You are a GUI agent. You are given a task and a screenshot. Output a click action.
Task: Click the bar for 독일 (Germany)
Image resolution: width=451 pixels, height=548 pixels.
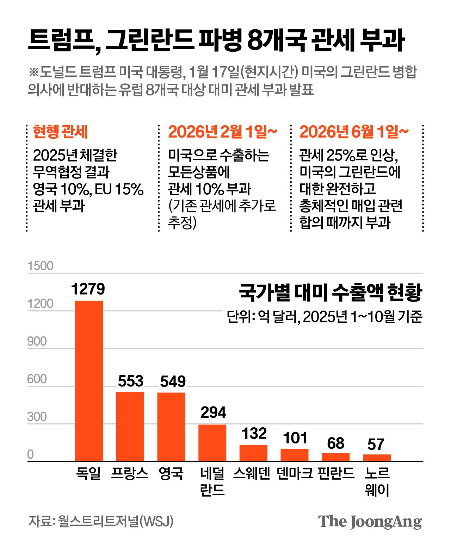[x=89, y=381]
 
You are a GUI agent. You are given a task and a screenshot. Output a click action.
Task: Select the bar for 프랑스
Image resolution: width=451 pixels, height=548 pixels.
[x=130, y=426]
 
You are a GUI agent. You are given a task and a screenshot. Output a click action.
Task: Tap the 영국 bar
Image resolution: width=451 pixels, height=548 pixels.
[x=171, y=427]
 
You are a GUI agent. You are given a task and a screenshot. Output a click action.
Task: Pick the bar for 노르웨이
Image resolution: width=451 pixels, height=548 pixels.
[x=377, y=458]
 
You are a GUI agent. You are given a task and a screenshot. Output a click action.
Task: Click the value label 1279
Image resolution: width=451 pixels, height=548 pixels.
[x=88, y=289]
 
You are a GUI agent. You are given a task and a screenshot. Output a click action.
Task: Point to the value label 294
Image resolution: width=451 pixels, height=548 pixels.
[x=213, y=412]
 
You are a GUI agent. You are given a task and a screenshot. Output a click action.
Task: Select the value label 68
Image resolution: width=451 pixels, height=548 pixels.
[x=335, y=443]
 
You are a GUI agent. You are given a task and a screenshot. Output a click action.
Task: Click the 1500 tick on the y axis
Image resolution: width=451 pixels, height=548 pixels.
[x=40, y=266]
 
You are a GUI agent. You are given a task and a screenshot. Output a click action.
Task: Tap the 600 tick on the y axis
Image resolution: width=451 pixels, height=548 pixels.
[x=37, y=379]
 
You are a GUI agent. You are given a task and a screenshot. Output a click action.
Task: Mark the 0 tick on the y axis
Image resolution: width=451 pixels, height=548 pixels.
[x=31, y=454]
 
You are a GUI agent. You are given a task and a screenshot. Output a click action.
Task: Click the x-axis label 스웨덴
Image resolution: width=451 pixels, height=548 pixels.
[x=252, y=473]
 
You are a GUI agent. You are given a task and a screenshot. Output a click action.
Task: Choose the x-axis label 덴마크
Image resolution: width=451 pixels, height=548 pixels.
[x=295, y=473]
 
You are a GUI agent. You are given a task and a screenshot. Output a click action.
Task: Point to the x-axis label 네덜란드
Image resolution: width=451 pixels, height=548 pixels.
[x=212, y=481]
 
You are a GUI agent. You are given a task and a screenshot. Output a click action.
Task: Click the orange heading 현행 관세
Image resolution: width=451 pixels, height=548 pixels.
[x=60, y=132]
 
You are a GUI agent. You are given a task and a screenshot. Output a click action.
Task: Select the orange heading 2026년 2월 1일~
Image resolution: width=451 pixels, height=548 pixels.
[x=223, y=132]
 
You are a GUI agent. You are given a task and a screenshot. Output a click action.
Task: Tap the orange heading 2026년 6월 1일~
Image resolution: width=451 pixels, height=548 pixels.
[x=354, y=132]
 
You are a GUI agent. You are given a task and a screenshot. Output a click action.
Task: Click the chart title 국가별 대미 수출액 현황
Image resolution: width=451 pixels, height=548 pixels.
[x=330, y=292]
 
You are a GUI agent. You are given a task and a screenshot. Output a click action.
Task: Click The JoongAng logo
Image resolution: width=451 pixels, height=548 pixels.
[x=370, y=522]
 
